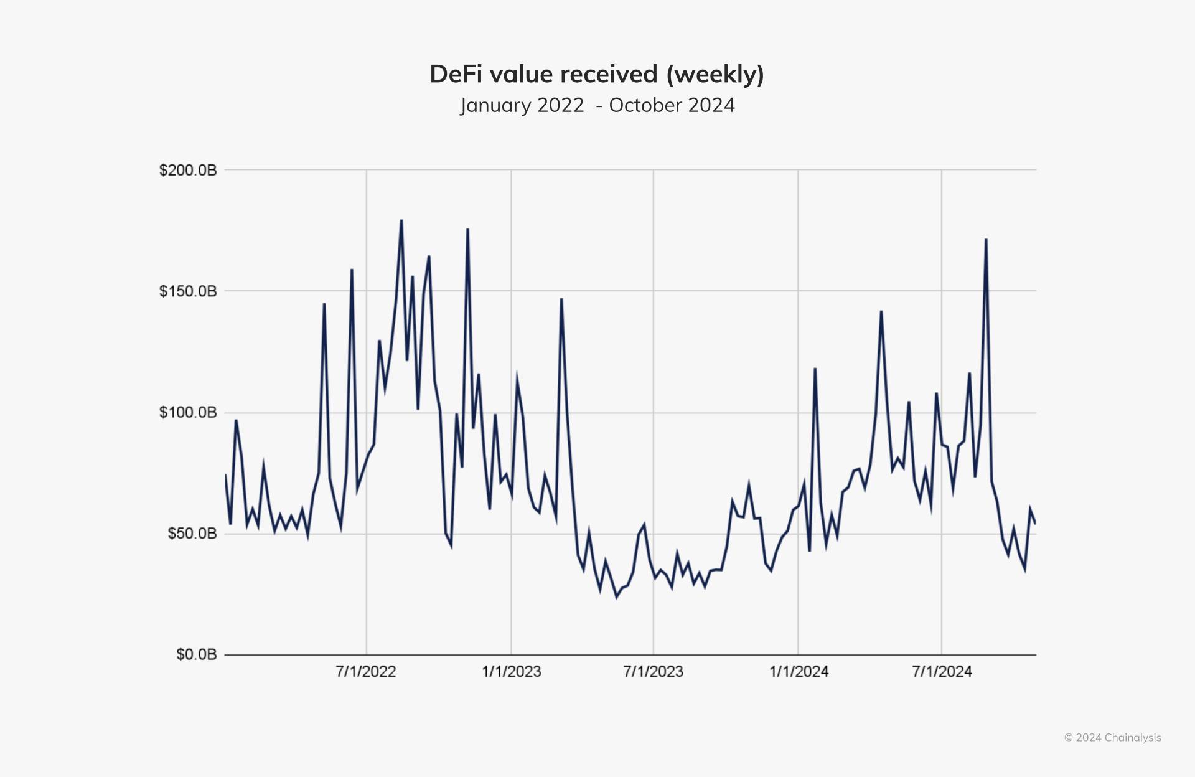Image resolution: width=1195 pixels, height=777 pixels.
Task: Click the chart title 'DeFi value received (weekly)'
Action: point(597,74)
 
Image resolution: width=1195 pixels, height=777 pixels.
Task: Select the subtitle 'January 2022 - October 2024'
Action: point(597,105)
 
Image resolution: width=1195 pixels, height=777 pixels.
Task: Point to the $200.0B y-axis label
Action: point(188,170)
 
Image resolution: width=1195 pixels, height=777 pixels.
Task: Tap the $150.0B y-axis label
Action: point(188,291)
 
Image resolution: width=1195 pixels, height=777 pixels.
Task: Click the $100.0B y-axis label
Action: point(188,413)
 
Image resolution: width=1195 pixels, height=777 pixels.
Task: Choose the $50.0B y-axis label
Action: point(192,534)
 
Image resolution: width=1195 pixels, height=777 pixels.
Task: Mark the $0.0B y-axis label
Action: point(196,654)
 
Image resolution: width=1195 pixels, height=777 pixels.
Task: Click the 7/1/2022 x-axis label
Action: point(366,672)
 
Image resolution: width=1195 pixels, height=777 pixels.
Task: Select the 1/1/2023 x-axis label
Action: point(511,672)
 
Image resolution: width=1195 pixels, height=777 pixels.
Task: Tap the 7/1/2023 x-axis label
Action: point(653,672)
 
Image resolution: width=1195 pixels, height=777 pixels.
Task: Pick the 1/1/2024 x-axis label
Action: point(799,672)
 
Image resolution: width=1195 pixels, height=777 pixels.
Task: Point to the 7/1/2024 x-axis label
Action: point(942,672)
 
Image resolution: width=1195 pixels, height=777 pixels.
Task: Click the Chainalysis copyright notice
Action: point(1112,738)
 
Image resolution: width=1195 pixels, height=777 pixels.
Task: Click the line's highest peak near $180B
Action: point(401,220)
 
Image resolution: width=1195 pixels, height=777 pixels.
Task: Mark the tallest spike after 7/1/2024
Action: point(986,240)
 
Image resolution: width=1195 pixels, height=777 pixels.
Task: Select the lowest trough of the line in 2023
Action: point(617,598)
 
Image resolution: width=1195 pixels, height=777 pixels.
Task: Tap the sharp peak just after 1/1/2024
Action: point(815,369)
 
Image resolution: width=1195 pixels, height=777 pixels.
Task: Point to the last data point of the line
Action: point(1035,524)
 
